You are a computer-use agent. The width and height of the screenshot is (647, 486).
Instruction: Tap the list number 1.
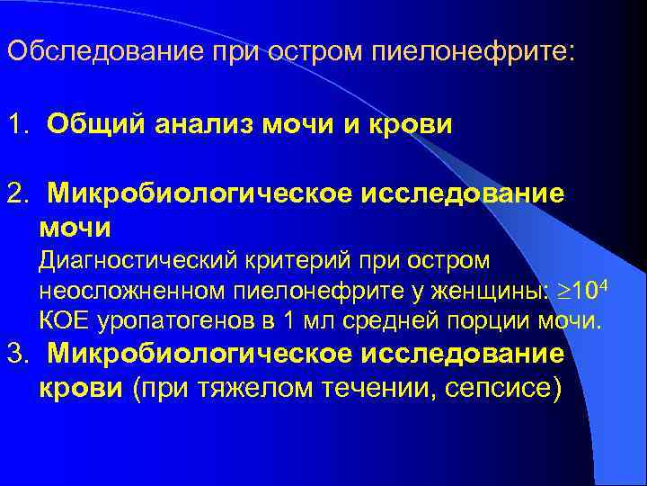tap(14, 124)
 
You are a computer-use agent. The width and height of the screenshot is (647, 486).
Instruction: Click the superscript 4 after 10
tap(608, 283)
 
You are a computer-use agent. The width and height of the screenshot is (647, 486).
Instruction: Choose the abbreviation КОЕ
tap(62, 320)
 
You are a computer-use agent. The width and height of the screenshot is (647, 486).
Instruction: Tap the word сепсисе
tap(502, 388)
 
